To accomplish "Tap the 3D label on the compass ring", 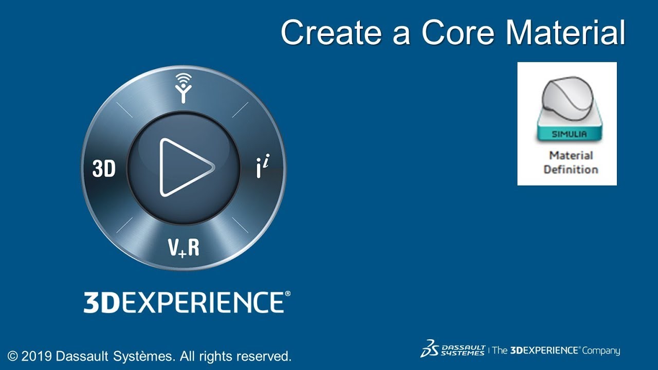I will point(104,169).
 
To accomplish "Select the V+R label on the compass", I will point(184,248).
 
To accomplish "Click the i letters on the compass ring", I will point(262,168).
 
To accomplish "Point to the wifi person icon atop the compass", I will point(183,87).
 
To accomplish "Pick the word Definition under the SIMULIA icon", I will point(571,169).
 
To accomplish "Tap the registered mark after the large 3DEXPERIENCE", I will point(287,294).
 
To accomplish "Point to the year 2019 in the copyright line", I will point(36,356).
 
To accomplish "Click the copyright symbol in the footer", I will point(13,356).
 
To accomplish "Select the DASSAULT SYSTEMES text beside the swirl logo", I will point(463,350).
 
